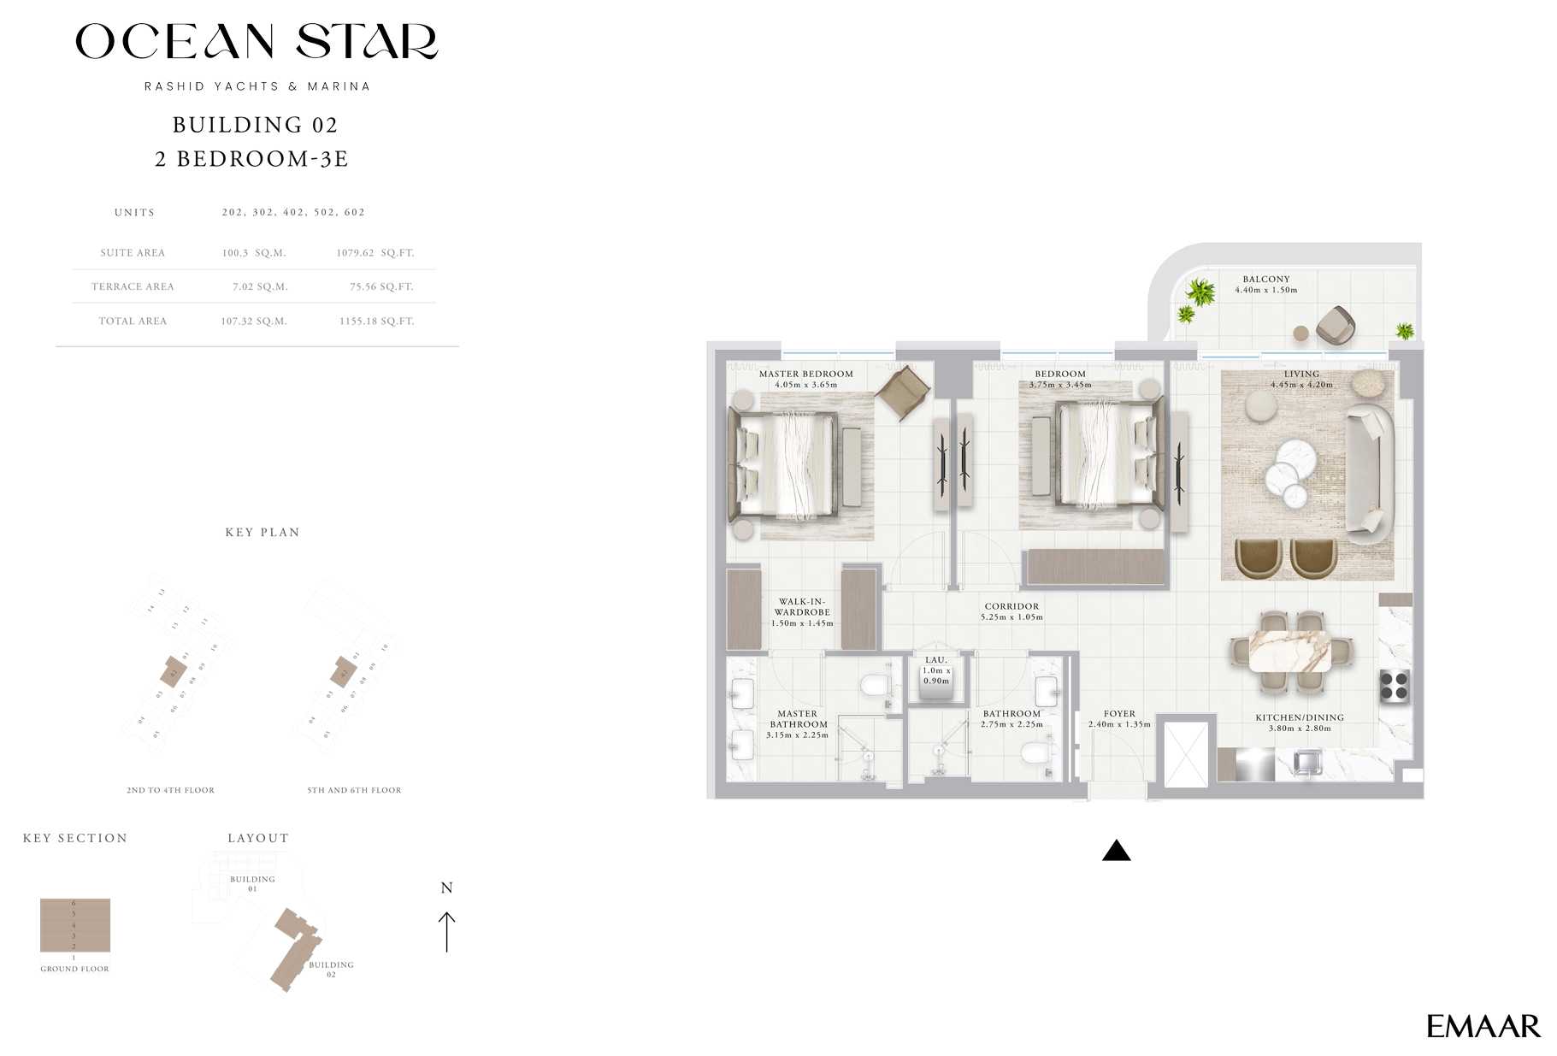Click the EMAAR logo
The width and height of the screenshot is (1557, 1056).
point(1483,1026)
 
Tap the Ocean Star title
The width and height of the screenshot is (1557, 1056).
point(257,42)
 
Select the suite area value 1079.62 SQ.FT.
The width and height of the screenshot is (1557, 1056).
point(375,253)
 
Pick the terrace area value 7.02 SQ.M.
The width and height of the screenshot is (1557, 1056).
point(260,287)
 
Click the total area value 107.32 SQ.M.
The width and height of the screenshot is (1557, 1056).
point(254,322)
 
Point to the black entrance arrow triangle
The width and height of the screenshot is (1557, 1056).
point(1116,851)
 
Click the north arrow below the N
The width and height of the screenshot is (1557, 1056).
point(446,931)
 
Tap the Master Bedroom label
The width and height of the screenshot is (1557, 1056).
point(805,374)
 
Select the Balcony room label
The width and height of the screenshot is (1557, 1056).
point(1265,280)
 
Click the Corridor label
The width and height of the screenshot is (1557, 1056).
point(1011,606)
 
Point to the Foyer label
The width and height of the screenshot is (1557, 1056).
point(1119,714)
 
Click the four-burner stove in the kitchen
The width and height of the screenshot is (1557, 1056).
point(1394,686)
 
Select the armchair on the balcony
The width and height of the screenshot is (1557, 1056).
point(1335,325)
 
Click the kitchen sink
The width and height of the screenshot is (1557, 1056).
point(1307,762)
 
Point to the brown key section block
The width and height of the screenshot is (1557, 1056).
point(75,925)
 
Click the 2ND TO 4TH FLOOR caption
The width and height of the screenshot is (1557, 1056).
point(170,790)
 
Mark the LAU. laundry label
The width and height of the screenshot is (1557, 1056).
point(935,660)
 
